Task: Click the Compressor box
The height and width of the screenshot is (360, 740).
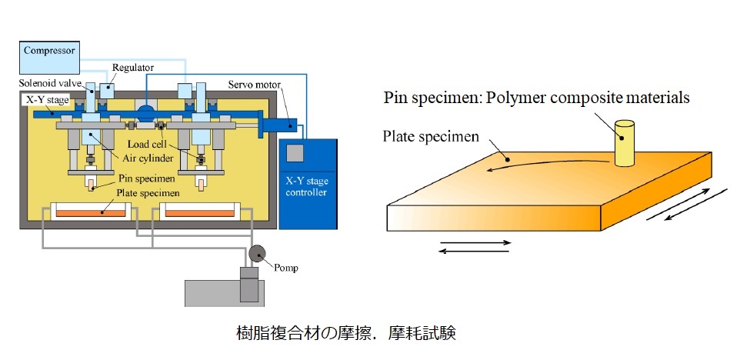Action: [x=49, y=52]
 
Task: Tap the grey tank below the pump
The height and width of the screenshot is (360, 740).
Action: [x=223, y=292]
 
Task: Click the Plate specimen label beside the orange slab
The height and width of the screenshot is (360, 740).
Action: [x=431, y=136]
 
